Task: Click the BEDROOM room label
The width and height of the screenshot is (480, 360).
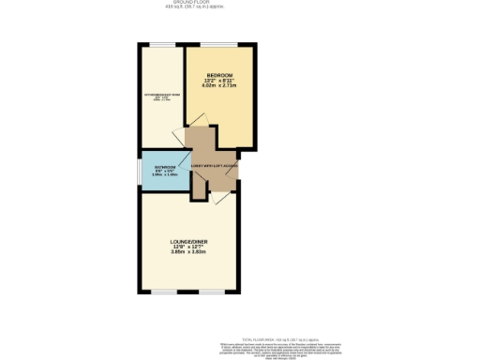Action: (219, 75)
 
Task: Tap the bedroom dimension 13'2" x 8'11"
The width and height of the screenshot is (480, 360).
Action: (219, 81)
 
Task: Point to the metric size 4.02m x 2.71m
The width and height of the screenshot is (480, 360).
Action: (219, 86)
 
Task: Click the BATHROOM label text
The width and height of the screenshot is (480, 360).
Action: (165, 167)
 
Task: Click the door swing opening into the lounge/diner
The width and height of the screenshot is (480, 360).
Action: (218, 198)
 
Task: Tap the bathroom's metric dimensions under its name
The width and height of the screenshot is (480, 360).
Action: (165, 175)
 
